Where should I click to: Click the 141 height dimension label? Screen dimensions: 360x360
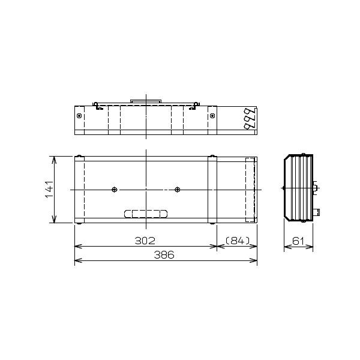[x=49, y=190]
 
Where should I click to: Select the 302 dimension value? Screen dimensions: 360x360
[x=145, y=241]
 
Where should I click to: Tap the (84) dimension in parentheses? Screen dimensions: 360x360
[x=238, y=241]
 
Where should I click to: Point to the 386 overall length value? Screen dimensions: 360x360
[x=164, y=255]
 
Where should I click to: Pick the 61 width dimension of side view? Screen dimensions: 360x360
[x=298, y=241]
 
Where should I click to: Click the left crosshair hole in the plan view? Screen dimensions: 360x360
[x=115, y=190]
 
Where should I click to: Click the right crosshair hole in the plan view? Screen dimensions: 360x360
[x=177, y=190]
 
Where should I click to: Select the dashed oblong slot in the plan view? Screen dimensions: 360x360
[x=146, y=214]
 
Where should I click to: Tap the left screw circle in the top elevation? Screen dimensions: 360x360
[x=79, y=116]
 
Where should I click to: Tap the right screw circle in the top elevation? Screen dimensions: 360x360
[x=212, y=116]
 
